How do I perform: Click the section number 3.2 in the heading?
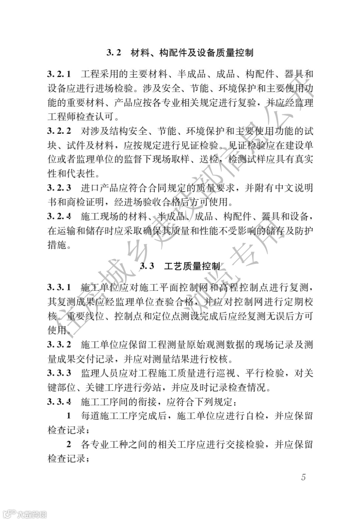(x=114, y=53)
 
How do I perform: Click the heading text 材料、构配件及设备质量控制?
(x=192, y=53)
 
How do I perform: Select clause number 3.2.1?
(x=59, y=74)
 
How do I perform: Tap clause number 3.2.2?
(x=59, y=131)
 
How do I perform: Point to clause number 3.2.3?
(x=59, y=188)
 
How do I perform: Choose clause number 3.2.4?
(x=59, y=217)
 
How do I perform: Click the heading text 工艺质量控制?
(x=192, y=266)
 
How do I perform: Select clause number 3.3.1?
(x=59, y=287)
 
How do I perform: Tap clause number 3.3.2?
(x=59, y=344)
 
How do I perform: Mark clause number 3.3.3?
(x=59, y=373)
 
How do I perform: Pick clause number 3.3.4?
(x=59, y=402)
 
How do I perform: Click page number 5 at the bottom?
(x=303, y=477)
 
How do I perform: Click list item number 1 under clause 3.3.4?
(x=69, y=416)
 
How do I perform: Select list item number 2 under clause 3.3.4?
(x=69, y=444)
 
